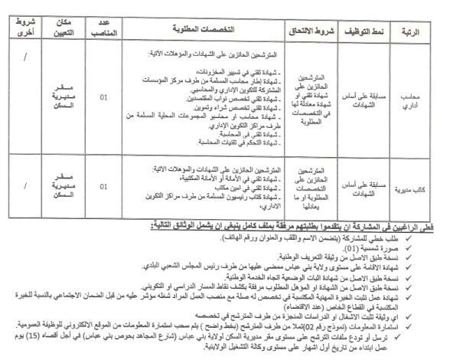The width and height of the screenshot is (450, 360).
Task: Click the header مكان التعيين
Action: pos(67,29)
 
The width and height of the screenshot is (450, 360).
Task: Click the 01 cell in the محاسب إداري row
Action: pos(103,98)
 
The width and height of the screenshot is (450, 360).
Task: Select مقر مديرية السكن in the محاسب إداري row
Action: pos(67,99)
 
